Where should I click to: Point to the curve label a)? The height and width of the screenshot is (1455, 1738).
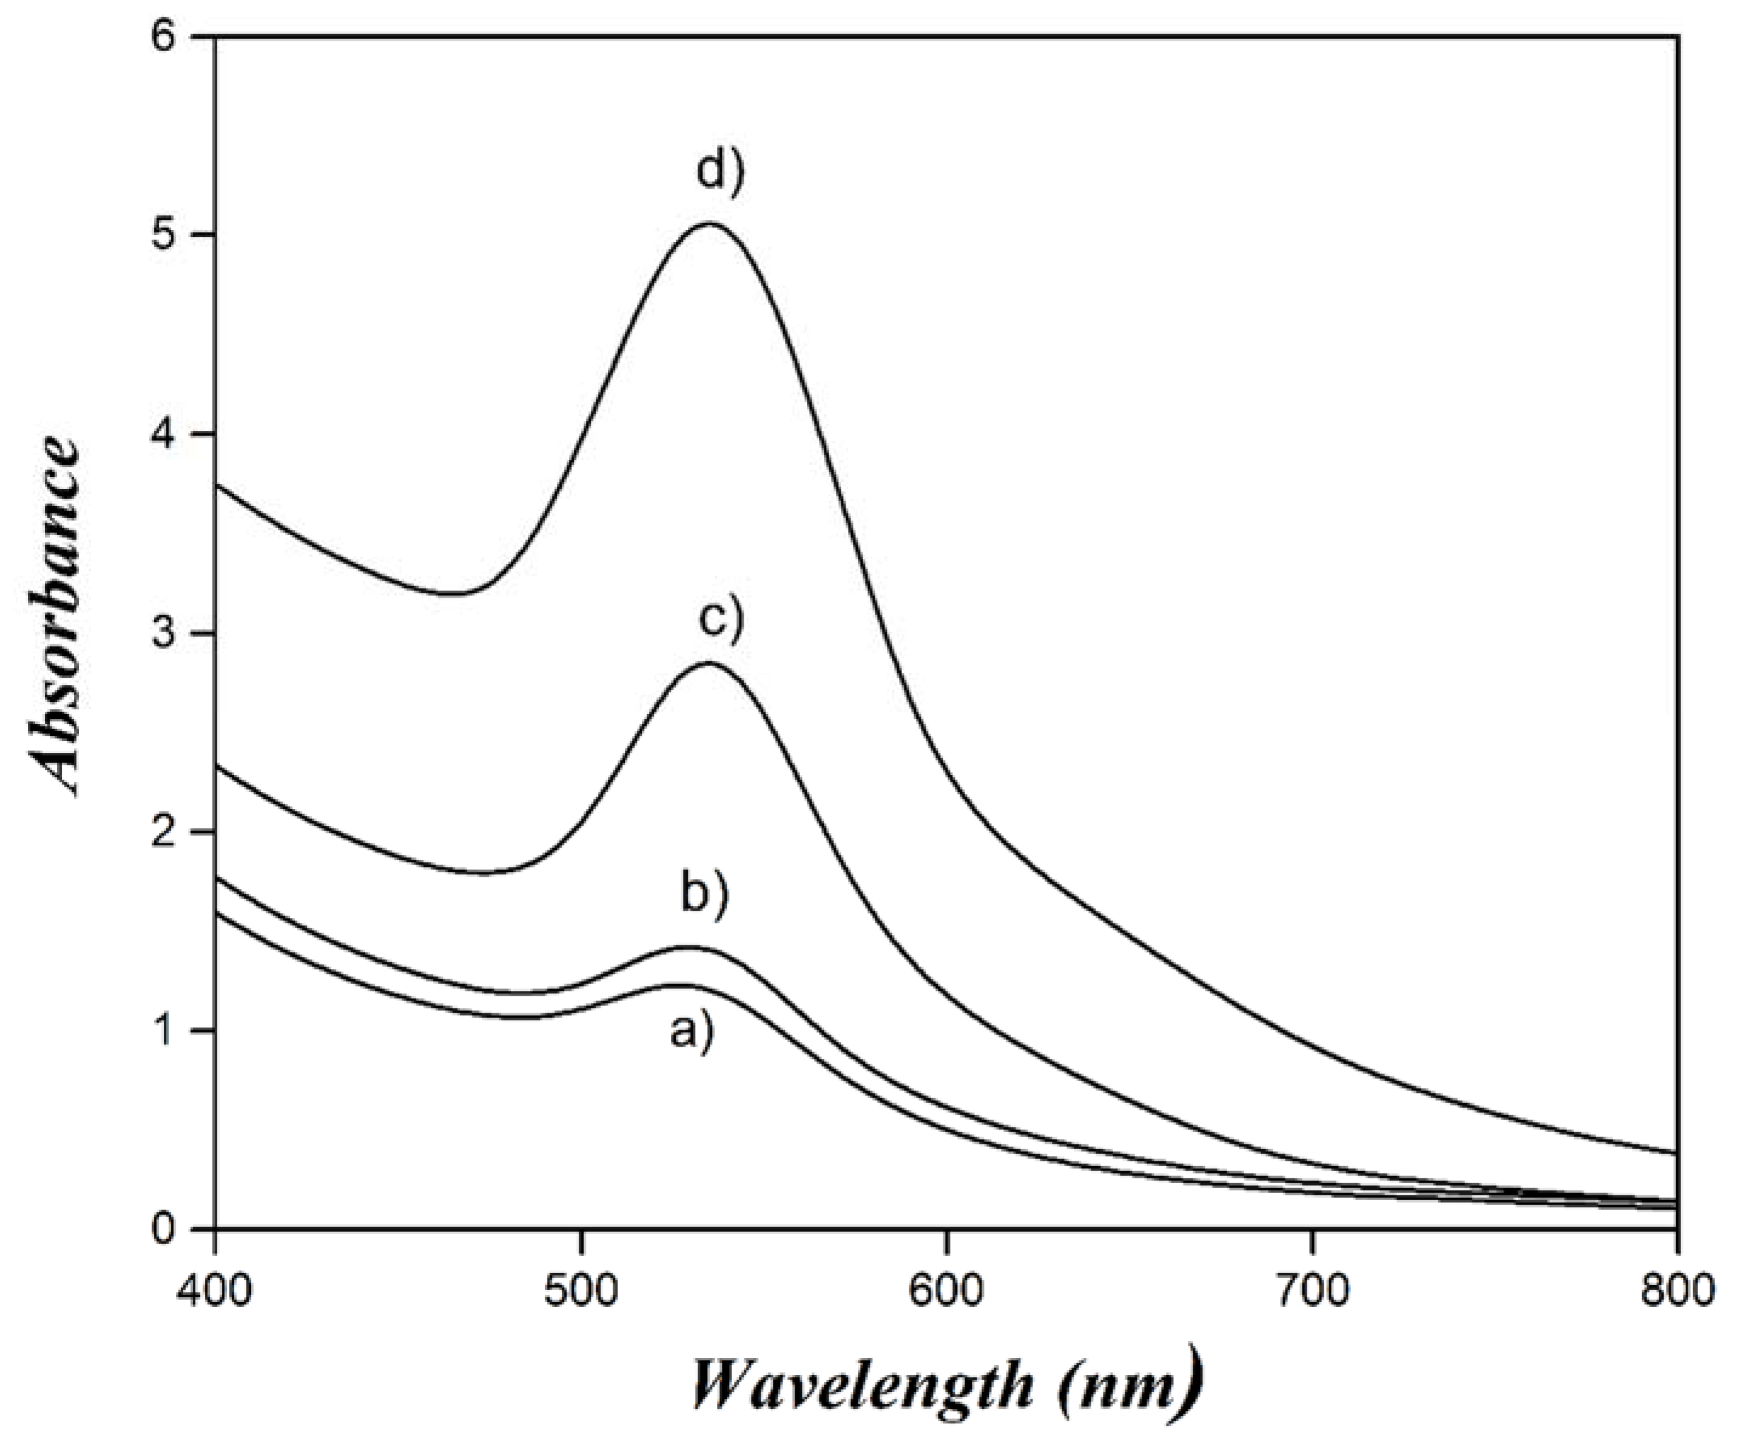(x=691, y=1032)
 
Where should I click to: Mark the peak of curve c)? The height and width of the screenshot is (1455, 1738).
(x=709, y=663)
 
